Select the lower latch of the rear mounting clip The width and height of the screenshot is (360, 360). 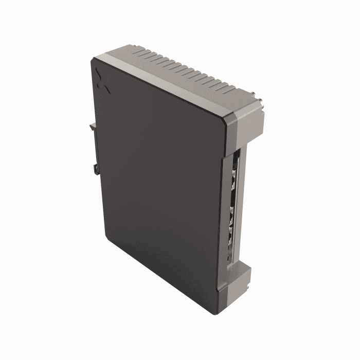96,168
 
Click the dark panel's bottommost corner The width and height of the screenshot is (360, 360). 212,311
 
